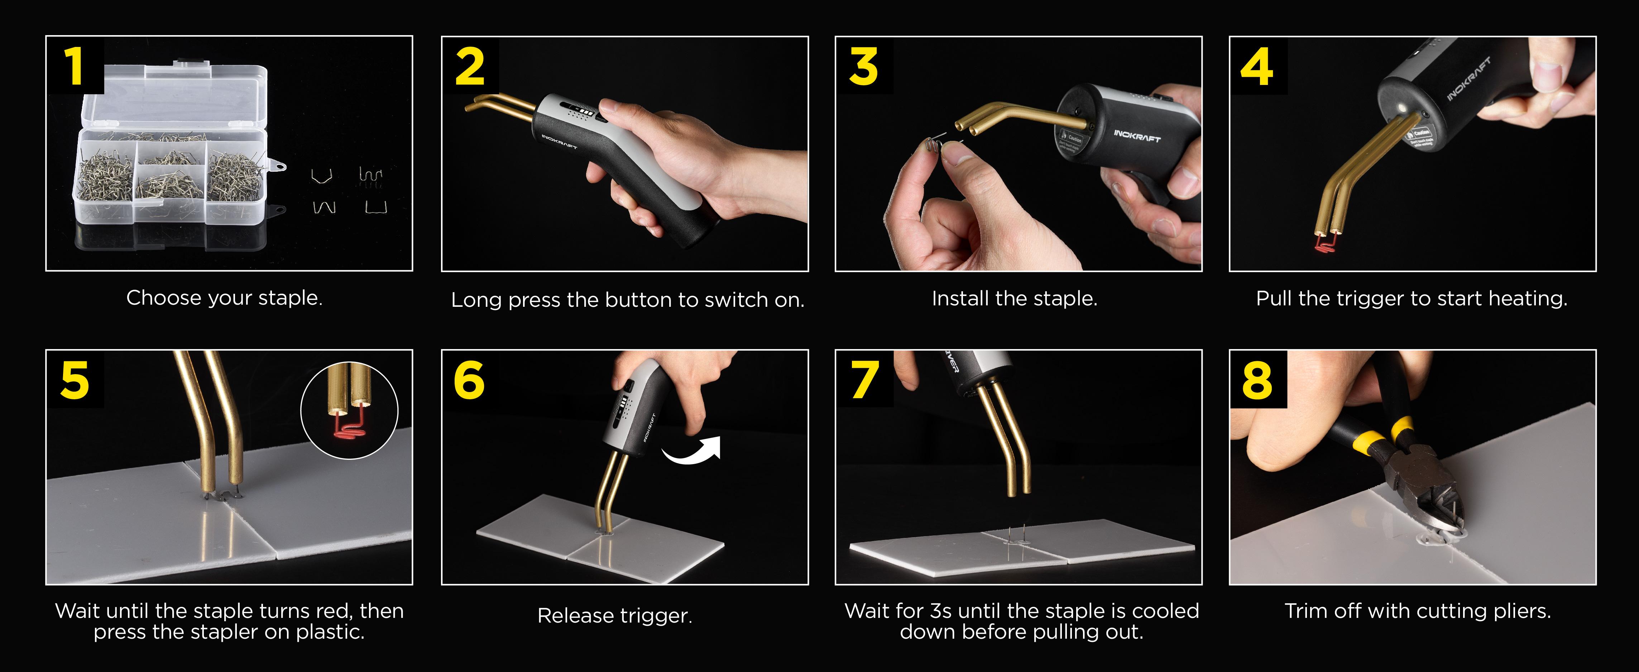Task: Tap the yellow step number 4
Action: click(x=1257, y=67)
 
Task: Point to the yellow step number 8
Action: click(x=1257, y=381)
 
